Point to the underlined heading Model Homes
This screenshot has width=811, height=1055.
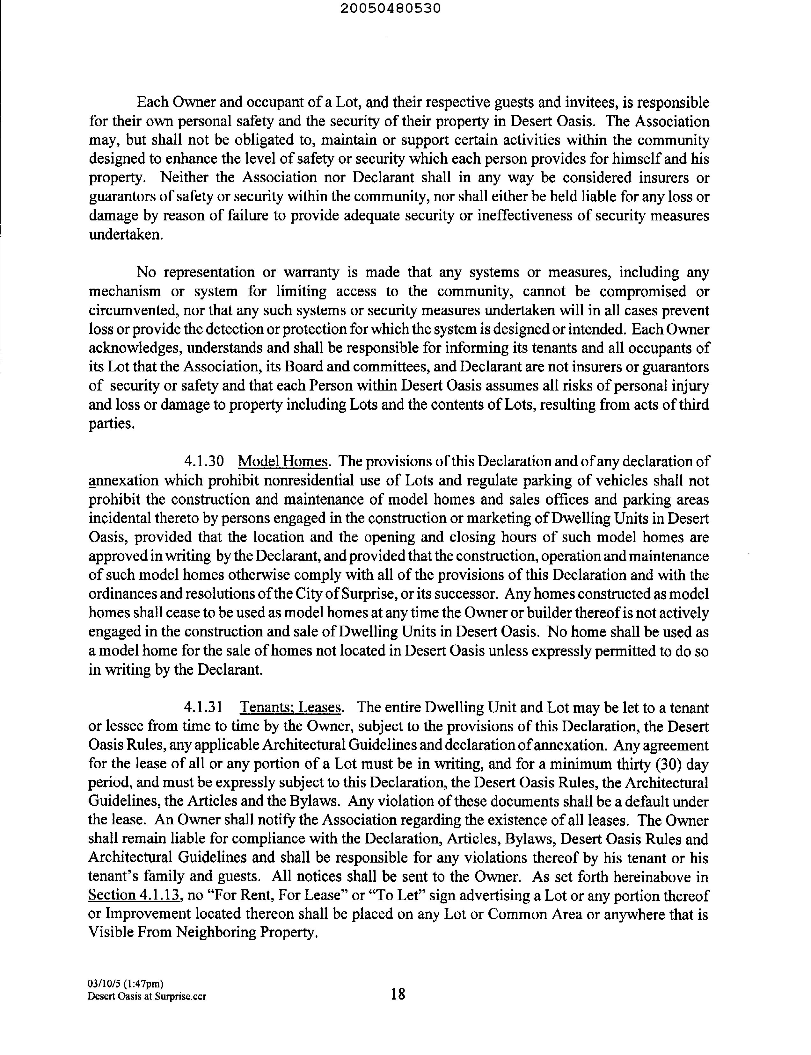point(283,462)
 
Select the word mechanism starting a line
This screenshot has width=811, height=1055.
point(125,291)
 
